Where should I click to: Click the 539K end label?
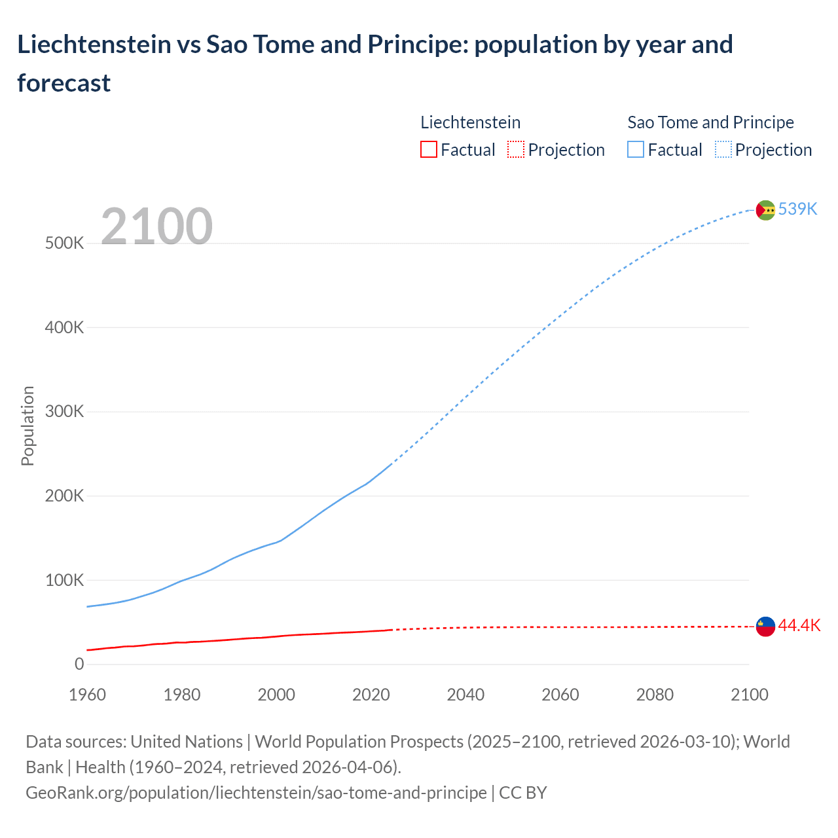click(797, 209)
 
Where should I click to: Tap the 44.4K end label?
click(799, 625)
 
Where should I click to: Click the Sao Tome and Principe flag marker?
click(765, 210)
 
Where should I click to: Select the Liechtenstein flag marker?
click(765, 627)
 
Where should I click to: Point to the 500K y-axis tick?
click(64, 244)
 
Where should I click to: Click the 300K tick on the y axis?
click(64, 412)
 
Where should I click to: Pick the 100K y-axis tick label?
click(64, 580)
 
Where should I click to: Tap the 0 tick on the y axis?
click(79, 664)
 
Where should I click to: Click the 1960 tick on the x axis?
click(87, 695)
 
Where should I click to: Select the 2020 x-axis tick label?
click(371, 695)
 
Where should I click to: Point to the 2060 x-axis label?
click(560, 695)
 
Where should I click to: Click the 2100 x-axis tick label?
click(749, 695)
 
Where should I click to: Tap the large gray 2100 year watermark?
click(156, 227)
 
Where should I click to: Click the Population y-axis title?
click(27, 426)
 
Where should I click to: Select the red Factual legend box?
click(428, 150)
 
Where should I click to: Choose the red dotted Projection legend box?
click(516, 150)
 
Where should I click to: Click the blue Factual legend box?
click(636, 150)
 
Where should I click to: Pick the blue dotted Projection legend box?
click(723, 150)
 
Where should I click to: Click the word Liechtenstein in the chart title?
click(94, 45)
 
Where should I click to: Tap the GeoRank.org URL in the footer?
click(256, 792)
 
